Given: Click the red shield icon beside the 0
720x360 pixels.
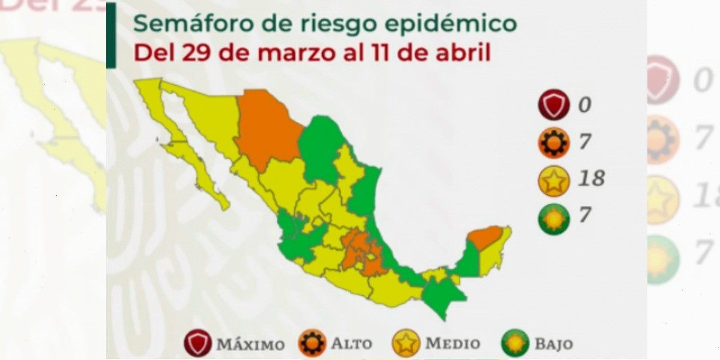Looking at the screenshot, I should tap(553, 104).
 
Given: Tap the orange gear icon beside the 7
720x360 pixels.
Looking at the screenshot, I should tap(553, 142).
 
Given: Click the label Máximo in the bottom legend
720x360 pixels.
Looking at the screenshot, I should tap(250, 344).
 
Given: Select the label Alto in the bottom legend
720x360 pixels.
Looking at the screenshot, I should tap(351, 344).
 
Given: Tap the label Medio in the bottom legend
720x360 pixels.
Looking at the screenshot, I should tap(452, 344).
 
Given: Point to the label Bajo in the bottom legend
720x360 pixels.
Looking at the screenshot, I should tap(554, 344).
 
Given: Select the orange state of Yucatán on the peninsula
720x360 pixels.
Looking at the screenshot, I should tap(485, 236).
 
